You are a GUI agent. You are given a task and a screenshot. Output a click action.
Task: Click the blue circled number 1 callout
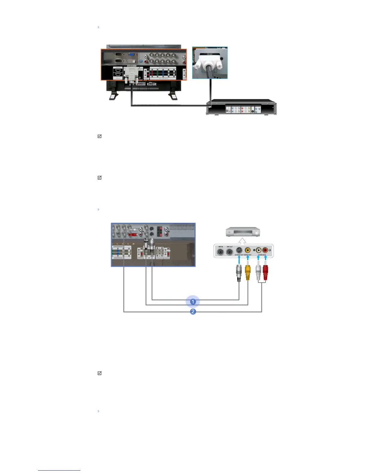[193, 302]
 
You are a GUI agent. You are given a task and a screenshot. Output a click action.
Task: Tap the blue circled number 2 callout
[193, 311]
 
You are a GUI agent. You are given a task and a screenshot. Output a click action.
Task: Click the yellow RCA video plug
[248, 273]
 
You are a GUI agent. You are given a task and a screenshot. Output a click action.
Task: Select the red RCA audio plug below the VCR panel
[265, 273]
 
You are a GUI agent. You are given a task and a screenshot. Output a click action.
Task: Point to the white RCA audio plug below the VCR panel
[258, 273]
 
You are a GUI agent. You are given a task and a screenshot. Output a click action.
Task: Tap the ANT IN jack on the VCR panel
[221, 251]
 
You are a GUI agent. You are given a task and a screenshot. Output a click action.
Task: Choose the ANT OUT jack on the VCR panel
[229, 251]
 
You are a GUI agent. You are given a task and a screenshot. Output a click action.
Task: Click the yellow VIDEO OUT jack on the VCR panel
[248, 250]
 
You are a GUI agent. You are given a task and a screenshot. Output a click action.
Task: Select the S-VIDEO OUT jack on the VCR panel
[239, 250]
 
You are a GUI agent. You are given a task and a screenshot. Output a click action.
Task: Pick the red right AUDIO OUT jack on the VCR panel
[265, 250]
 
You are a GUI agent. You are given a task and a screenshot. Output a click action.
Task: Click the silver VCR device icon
[243, 232]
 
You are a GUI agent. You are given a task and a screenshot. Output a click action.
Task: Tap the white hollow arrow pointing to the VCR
[243, 241]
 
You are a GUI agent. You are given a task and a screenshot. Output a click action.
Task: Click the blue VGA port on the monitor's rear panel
[131, 55]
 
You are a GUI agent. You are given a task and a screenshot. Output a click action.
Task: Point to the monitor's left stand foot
[113, 96]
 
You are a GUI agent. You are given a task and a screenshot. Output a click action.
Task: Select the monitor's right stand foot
[173, 96]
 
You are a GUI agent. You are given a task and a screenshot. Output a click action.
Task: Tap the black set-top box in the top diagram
[241, 107]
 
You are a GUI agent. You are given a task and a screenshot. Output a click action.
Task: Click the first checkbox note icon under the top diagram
[100, 136]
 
